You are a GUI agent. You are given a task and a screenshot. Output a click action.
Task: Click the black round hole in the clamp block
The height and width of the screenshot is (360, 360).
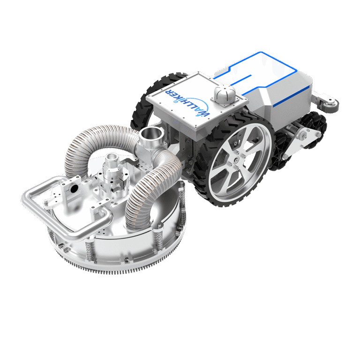(74, 189)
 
